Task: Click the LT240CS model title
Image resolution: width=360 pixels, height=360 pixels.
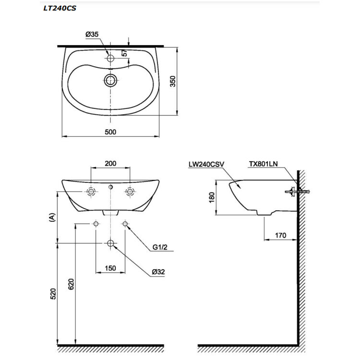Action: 60,8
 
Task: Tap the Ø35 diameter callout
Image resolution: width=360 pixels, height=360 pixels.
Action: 92,35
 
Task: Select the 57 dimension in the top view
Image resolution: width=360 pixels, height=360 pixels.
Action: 124,53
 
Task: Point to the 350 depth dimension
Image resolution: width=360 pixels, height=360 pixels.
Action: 173,81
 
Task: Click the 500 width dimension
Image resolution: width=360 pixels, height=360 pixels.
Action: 110,132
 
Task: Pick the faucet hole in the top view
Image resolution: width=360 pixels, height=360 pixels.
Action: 110,58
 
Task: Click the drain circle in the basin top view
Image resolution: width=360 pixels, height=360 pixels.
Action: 110,80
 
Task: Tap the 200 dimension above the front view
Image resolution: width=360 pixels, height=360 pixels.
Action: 110,164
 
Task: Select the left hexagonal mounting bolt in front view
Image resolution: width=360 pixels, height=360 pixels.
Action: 91,191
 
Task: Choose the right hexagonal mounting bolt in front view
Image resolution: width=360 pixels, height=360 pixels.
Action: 130,191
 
